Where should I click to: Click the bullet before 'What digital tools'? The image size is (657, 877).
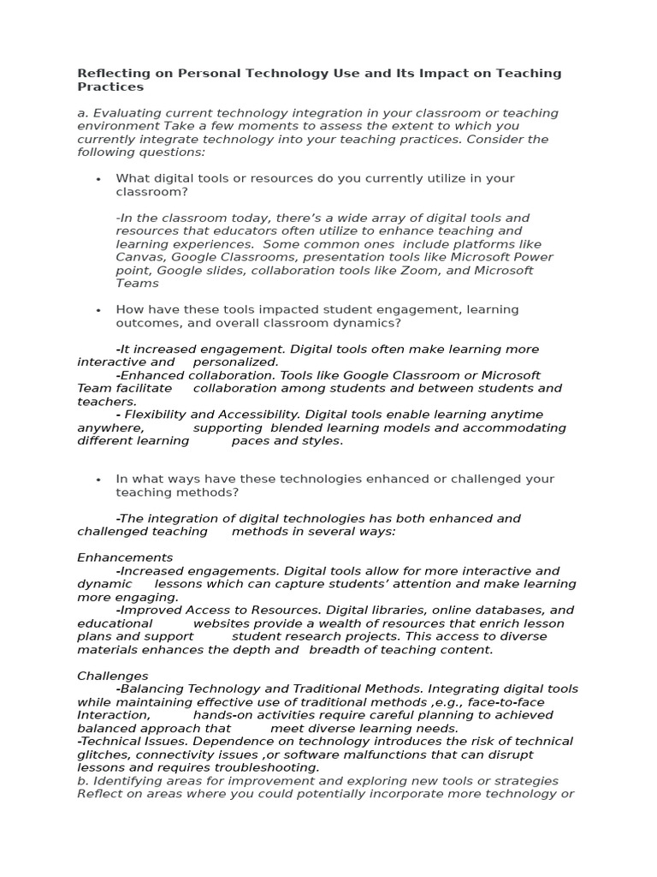[x=99, y=179]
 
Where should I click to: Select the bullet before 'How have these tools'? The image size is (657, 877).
[x=99, y=310]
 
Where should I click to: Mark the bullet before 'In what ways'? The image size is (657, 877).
[x=99, y=480]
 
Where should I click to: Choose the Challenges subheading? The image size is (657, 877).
[x=113, y=676]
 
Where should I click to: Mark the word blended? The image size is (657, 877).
[x=296, y=427]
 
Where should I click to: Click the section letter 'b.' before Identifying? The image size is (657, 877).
[x=83, y=780]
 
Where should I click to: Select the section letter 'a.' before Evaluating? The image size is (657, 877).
[x=83, y=113]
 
